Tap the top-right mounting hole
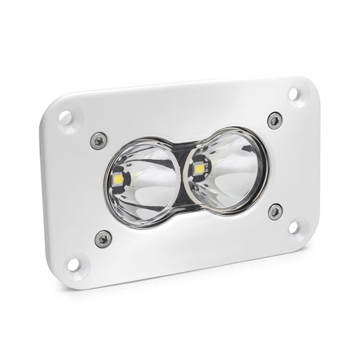(x=294, y=94)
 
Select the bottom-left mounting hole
(x=74, y=263)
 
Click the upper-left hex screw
(x=98, y=140)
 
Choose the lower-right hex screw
(x=275, y=211)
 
